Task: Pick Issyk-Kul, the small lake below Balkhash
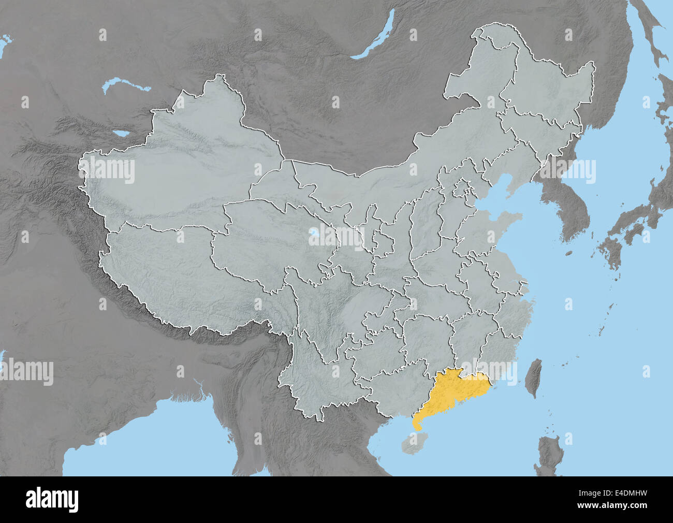pos(123,134)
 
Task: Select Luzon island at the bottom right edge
pos(549,456)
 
